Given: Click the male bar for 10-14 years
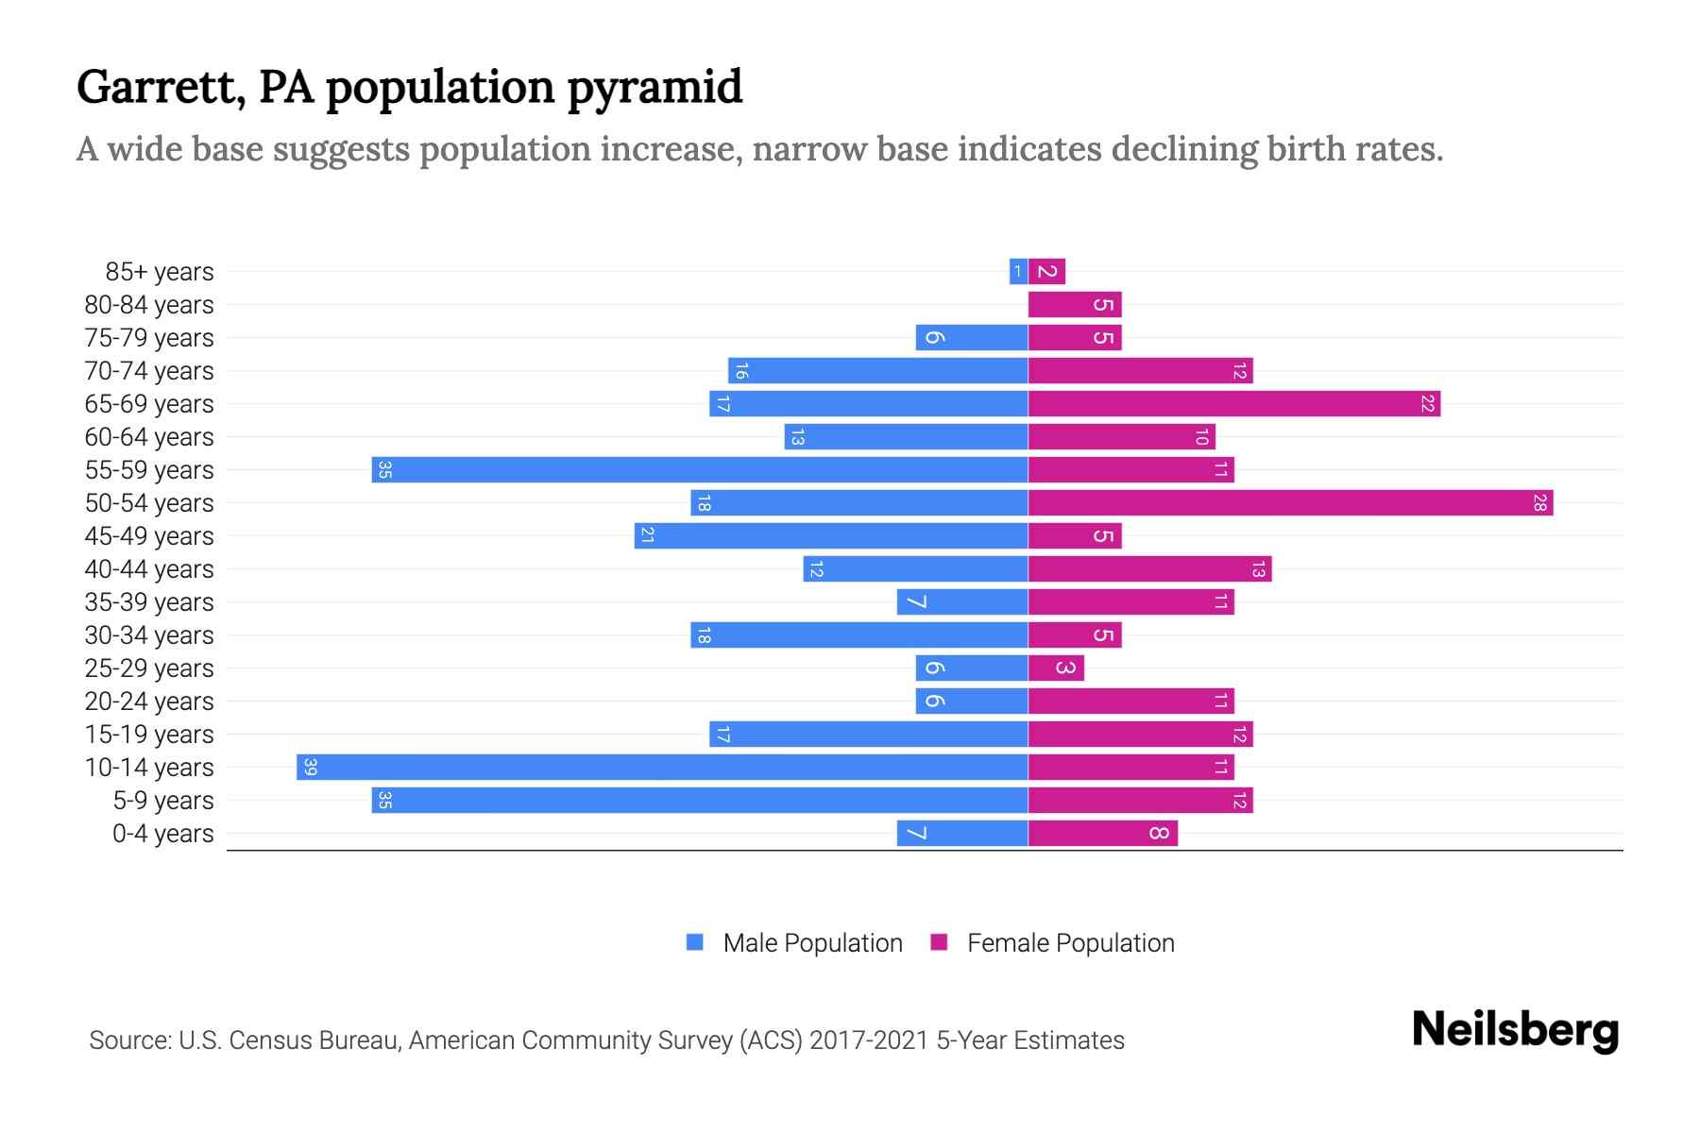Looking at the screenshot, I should pyautogui.click(x=661, y=768).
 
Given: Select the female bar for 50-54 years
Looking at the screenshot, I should pyautogui.click(x=1289, y=503).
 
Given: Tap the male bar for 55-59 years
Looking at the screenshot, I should pyautogui.click(x=699, y=470).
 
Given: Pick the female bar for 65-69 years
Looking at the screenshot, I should pyautogui.click(x=1232, y=404).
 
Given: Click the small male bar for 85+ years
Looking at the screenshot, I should pyautogui.click(x=1018, y=272).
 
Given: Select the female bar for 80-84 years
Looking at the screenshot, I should pyautogui.click(x=1074, y=305).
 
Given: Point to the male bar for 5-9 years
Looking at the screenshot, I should pyautogui.click(x=699, y=801).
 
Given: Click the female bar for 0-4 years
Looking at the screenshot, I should pyautogui.click(x=1102, y=834).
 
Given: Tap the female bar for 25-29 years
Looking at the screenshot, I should pyautogui.click(x=1055, y=668).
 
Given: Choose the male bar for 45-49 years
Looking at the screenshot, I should pyautogui.click(x=831, y=536).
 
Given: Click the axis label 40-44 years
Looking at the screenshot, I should pyautogui.click(x=149, y=569).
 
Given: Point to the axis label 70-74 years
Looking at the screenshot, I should pyautogui.click(x=149, y=371).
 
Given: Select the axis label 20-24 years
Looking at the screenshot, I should pyautogui.click(x=149, y=702).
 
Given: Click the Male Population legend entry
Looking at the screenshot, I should pyautogui.click(x=812, y=943).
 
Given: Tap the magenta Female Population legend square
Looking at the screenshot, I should pyautogui.click(x=939, y=942).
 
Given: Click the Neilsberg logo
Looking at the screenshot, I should pyautogui.click(x=1515, y=1030).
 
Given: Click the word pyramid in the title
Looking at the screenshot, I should pyautogui.click(x=654, y=88).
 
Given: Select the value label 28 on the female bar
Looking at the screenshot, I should pyautogui.click(x=1539, y=503).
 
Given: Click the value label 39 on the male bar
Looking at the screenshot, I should pyautogui.click(x=310, y=768).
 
